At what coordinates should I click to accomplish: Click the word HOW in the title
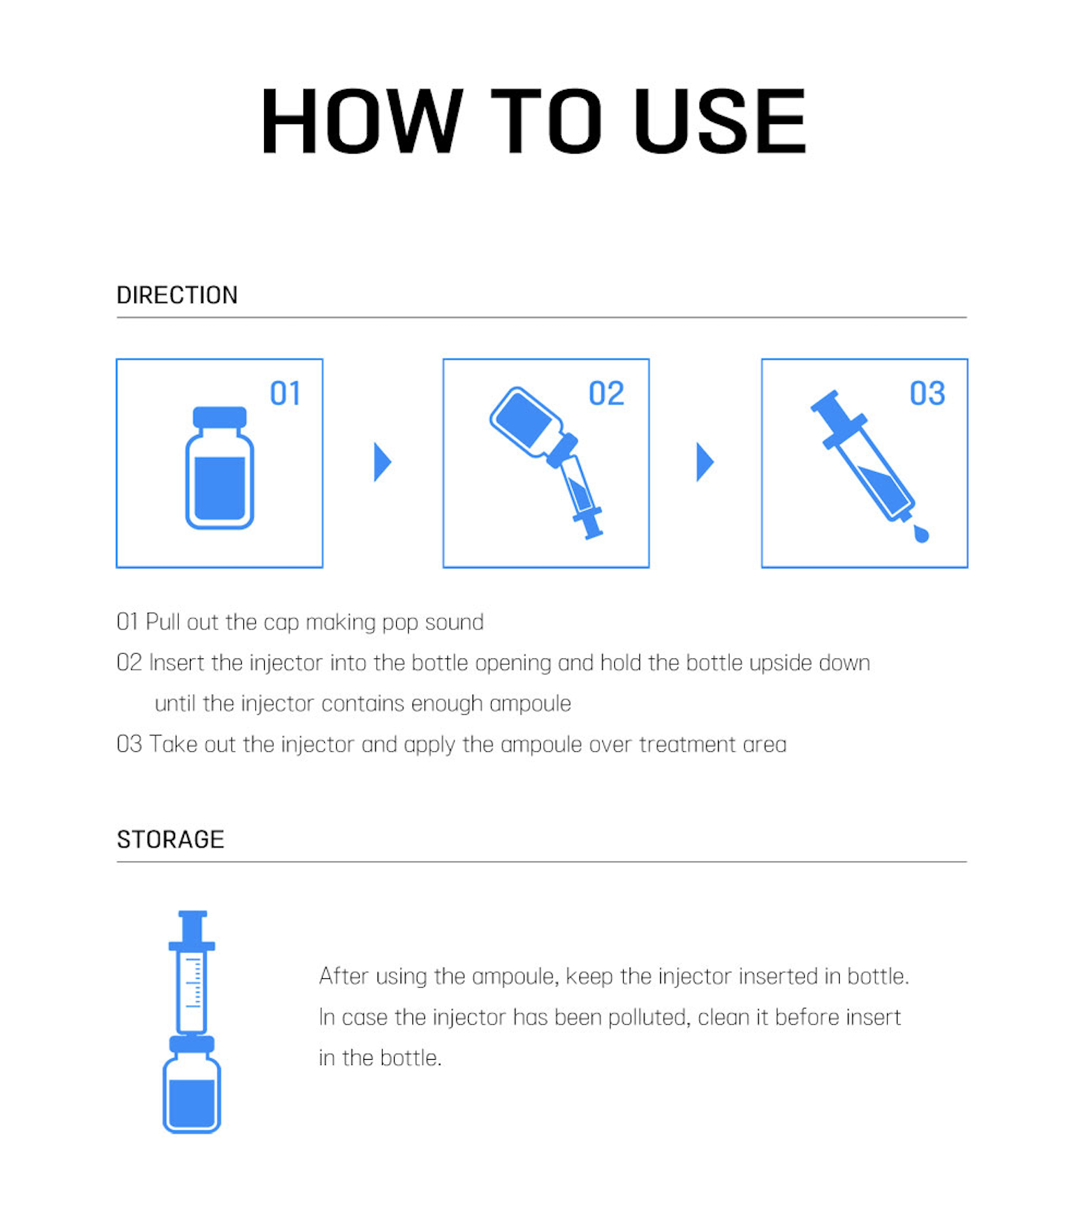click(x=363, y=121)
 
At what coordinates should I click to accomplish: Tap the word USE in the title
click(x=720, y=121)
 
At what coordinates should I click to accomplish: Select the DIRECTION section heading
click(x=177, y=295)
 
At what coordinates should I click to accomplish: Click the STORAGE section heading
click(x=171, y=839)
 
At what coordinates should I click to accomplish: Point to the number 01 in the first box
click(x=286, y=393)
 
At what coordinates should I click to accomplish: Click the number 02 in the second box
click(x=606, y=393)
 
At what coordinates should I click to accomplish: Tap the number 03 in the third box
click(x=927, y=393)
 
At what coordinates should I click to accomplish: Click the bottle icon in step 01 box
click(x=220, y=468)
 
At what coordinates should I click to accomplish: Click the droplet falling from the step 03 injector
click(x=921, y=534)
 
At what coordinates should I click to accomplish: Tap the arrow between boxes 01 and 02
click(x=382, y=462)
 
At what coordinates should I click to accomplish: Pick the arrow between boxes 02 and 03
click(x=705, y=462)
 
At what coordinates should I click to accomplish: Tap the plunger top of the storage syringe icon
click(x=192, y=916)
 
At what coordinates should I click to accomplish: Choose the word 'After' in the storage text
click(x=343, y=975)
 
